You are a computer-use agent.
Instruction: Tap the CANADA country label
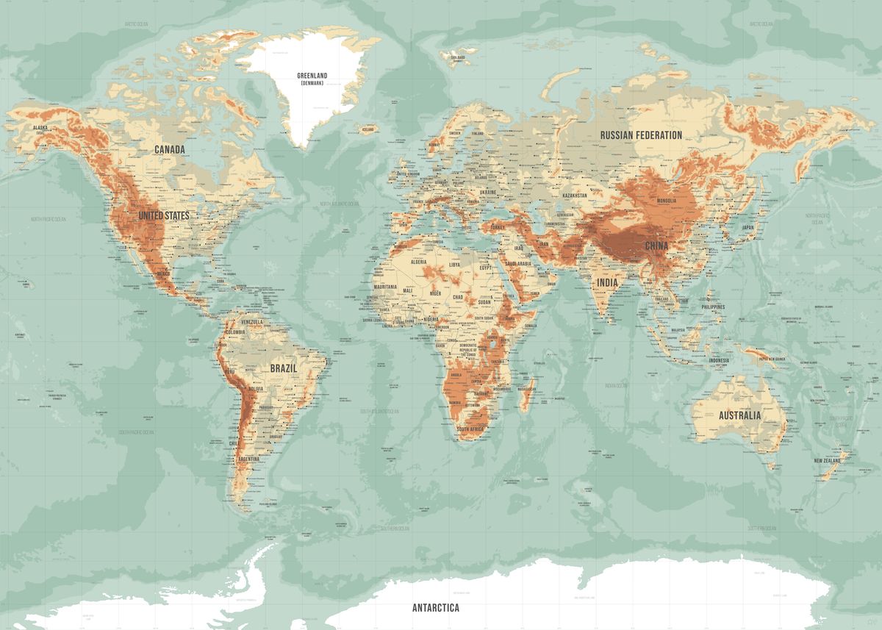click(170, 149)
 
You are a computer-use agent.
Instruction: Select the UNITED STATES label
click(164, 215)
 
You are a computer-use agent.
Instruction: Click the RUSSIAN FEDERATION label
click(641, 135)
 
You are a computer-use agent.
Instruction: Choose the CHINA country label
click(656, 246)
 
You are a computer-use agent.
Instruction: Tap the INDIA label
click(608, 282)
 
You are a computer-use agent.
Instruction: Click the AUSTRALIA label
click(739, 415)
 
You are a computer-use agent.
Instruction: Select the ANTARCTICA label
click(435, 608)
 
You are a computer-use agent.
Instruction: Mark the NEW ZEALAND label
click(828, 461)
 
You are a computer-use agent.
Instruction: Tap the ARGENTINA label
click(248, 459)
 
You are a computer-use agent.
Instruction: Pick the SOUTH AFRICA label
click(470, 429)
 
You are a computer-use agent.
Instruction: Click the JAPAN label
click(747, 228)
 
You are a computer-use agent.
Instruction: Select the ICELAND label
click(367, 129)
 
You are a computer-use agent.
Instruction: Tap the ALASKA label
click(40, 128)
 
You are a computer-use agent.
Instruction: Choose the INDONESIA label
click(719, 360)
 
